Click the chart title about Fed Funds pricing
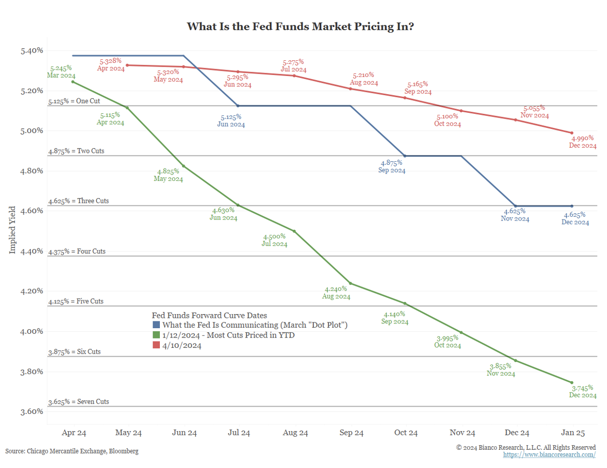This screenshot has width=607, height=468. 300,26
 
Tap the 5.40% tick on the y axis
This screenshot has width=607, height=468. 32,50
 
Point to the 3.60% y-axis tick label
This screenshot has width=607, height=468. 32,411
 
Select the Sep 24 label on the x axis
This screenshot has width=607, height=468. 351,433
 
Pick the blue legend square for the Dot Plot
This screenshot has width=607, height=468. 156,325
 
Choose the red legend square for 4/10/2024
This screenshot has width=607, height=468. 156,345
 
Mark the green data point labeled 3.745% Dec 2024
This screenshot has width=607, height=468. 572,383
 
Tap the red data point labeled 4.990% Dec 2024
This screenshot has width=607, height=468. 572,133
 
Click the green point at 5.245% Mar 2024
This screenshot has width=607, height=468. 72,82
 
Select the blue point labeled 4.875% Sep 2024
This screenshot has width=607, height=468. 406,156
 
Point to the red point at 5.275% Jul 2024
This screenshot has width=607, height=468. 294,75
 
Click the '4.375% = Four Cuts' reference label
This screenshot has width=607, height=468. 77,251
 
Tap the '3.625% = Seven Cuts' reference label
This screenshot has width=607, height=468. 79,402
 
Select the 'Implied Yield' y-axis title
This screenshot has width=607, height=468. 13,230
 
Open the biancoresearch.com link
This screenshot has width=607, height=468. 549,455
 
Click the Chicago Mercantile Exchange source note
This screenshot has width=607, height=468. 72,451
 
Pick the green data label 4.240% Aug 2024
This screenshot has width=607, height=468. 336,293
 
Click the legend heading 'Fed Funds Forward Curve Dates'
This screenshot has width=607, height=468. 209,315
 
